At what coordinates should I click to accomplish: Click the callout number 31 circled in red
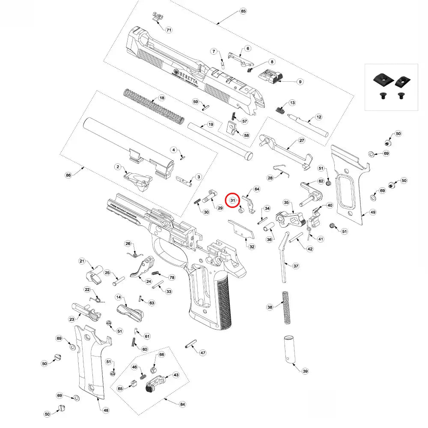click(x=232, y=200)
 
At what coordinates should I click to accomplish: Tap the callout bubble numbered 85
click(x=244, y=11)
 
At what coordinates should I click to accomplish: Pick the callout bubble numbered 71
click(x=169, y=30)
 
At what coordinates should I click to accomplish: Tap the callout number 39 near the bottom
click(x=305, y=371)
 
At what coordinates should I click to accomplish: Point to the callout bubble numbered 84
click(x=183, y=404)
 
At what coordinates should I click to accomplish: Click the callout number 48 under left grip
click(x=106, y=410)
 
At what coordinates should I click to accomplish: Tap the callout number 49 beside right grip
click(x=373, y=212)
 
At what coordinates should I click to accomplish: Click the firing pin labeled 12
click(x=308, y=124)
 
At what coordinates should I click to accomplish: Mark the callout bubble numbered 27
click(x=301, y=140)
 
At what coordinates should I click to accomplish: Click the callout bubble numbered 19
click(x=210, y=125)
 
